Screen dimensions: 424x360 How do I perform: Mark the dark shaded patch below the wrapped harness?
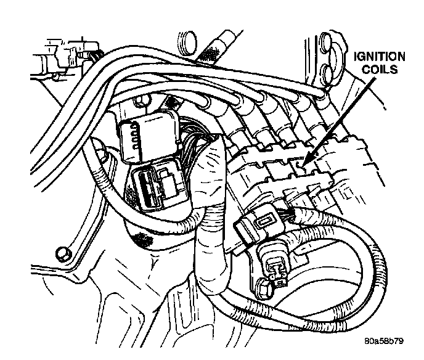point(144,237)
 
